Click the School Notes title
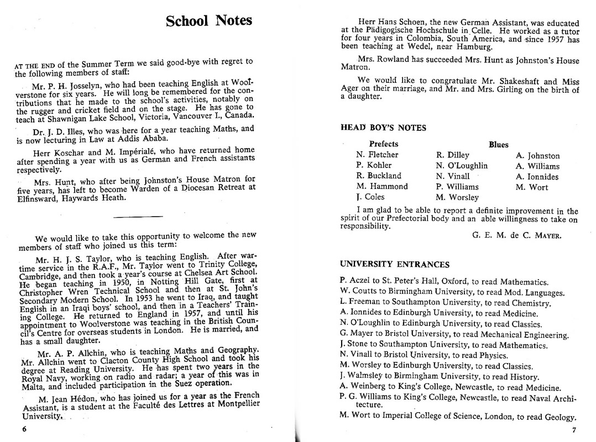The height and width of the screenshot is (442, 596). point(209,22)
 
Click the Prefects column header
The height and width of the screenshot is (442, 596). point(384,144)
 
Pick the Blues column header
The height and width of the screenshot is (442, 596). point(498,145)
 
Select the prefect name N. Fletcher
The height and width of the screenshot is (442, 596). point(377,155)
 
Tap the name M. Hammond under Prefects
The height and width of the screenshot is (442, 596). point(382,187)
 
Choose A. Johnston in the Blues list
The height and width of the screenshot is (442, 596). point(537,156)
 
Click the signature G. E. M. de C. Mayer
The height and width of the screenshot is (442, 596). point(517,235)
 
